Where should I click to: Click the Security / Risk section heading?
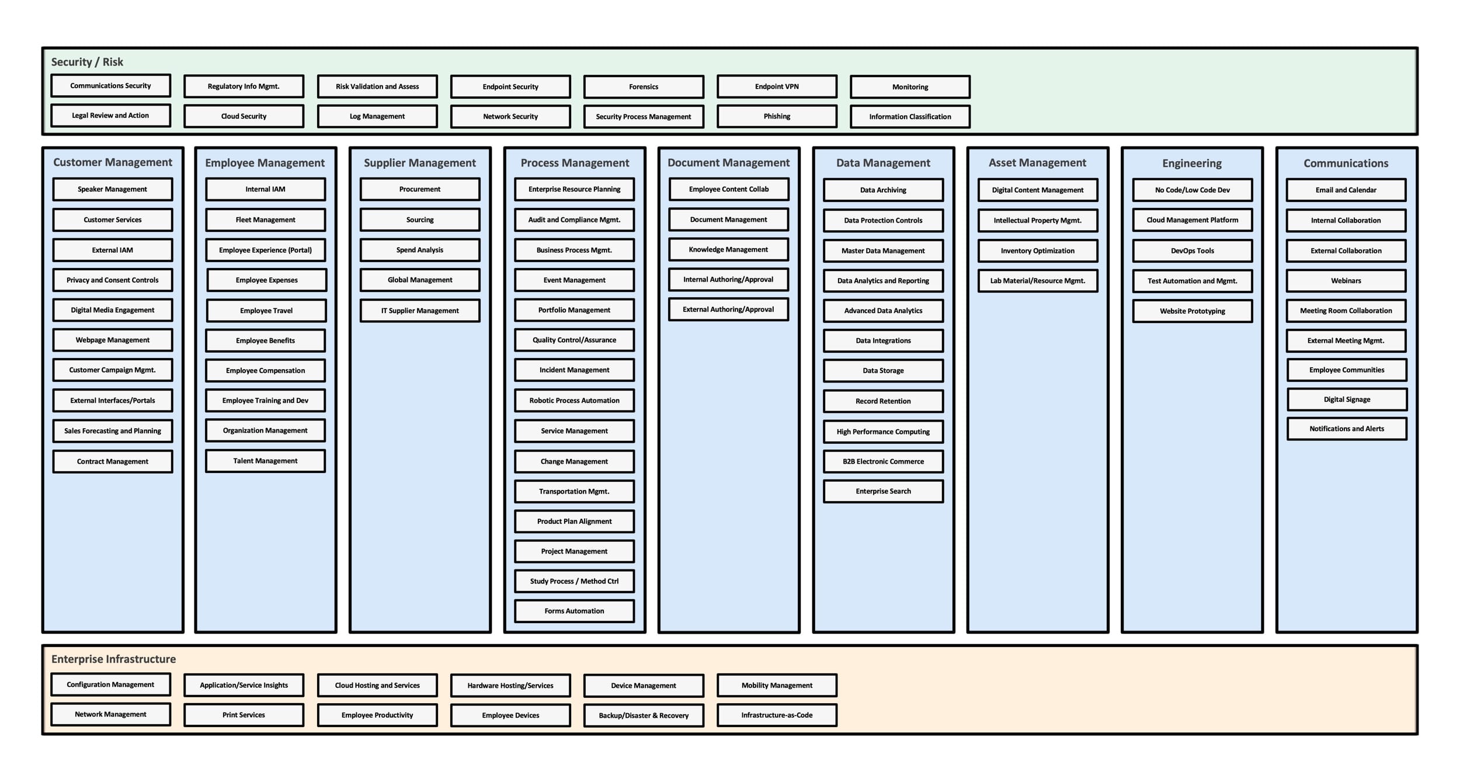tap(87, 62)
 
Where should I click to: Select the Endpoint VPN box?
tap(777, 86)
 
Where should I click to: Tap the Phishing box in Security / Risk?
tap(777, 116)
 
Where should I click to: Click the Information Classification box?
tap(910, 116)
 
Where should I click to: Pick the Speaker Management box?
tap(113, 189)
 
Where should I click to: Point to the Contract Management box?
tap(113, 461)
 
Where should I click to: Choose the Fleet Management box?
tap(266, 220)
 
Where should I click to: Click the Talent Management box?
tap(266, 461)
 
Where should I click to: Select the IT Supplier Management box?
tap(420, 311)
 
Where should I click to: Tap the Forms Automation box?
tap(574, 611)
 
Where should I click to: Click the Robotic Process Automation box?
tap(574, 401)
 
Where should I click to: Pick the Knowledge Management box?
tap(728, 249)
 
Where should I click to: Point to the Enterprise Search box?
tap(883, 491)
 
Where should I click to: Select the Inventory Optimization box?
tap(1038, 251)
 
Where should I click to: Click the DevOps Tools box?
tap(1192, 251)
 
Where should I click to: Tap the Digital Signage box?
tap(1347, 399)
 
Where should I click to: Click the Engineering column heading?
tap(1192, 163)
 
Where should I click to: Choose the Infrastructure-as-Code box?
tap(777, 715)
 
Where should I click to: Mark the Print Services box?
tap(244, 715)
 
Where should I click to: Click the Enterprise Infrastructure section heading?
tap(113, 659)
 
